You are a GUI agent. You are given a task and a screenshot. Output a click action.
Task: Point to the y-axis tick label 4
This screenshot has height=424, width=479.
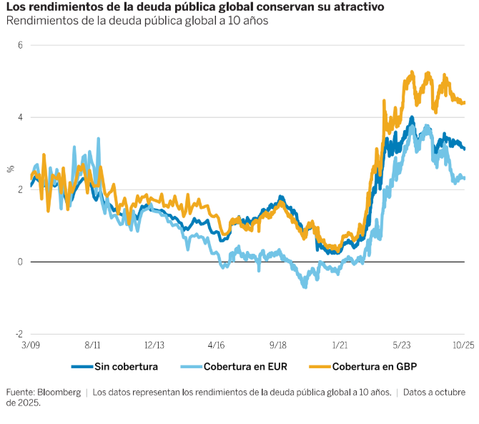pyautogui.click(x=20, y=117)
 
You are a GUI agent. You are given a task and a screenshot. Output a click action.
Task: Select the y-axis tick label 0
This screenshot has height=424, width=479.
pyautogui.click(x=20, y=262)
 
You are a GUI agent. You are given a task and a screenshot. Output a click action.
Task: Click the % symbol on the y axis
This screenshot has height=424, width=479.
pyautogui.click(x=10, y=169)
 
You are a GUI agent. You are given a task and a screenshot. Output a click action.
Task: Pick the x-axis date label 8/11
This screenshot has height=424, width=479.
pyautogui.click(x=93, y=345)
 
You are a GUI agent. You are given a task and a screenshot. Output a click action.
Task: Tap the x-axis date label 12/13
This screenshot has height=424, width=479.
pyautogui.click(x=154, y=345)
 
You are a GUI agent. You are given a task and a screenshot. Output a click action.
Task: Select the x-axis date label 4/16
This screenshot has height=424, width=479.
pyautogui.click(x=217, y=345)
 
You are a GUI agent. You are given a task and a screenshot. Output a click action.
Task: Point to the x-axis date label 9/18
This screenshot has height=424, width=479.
pyautogui.click(x=279, y=345)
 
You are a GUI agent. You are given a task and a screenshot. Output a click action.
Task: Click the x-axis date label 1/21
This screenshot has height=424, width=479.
pyautogui.click(x=341, y=345)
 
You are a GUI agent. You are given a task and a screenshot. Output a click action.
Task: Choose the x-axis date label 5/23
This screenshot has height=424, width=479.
pyautogui.click(x=403, y=345)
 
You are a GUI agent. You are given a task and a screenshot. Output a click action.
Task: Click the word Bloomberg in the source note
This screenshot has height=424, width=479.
pyautogui.click(x=59, y=393)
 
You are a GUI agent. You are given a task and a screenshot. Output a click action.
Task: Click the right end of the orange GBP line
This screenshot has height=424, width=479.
pyautogui.click(x=465, y=103)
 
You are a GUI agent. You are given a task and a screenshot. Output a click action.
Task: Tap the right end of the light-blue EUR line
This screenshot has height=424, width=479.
pyautogui.click(x=465, y=178)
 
